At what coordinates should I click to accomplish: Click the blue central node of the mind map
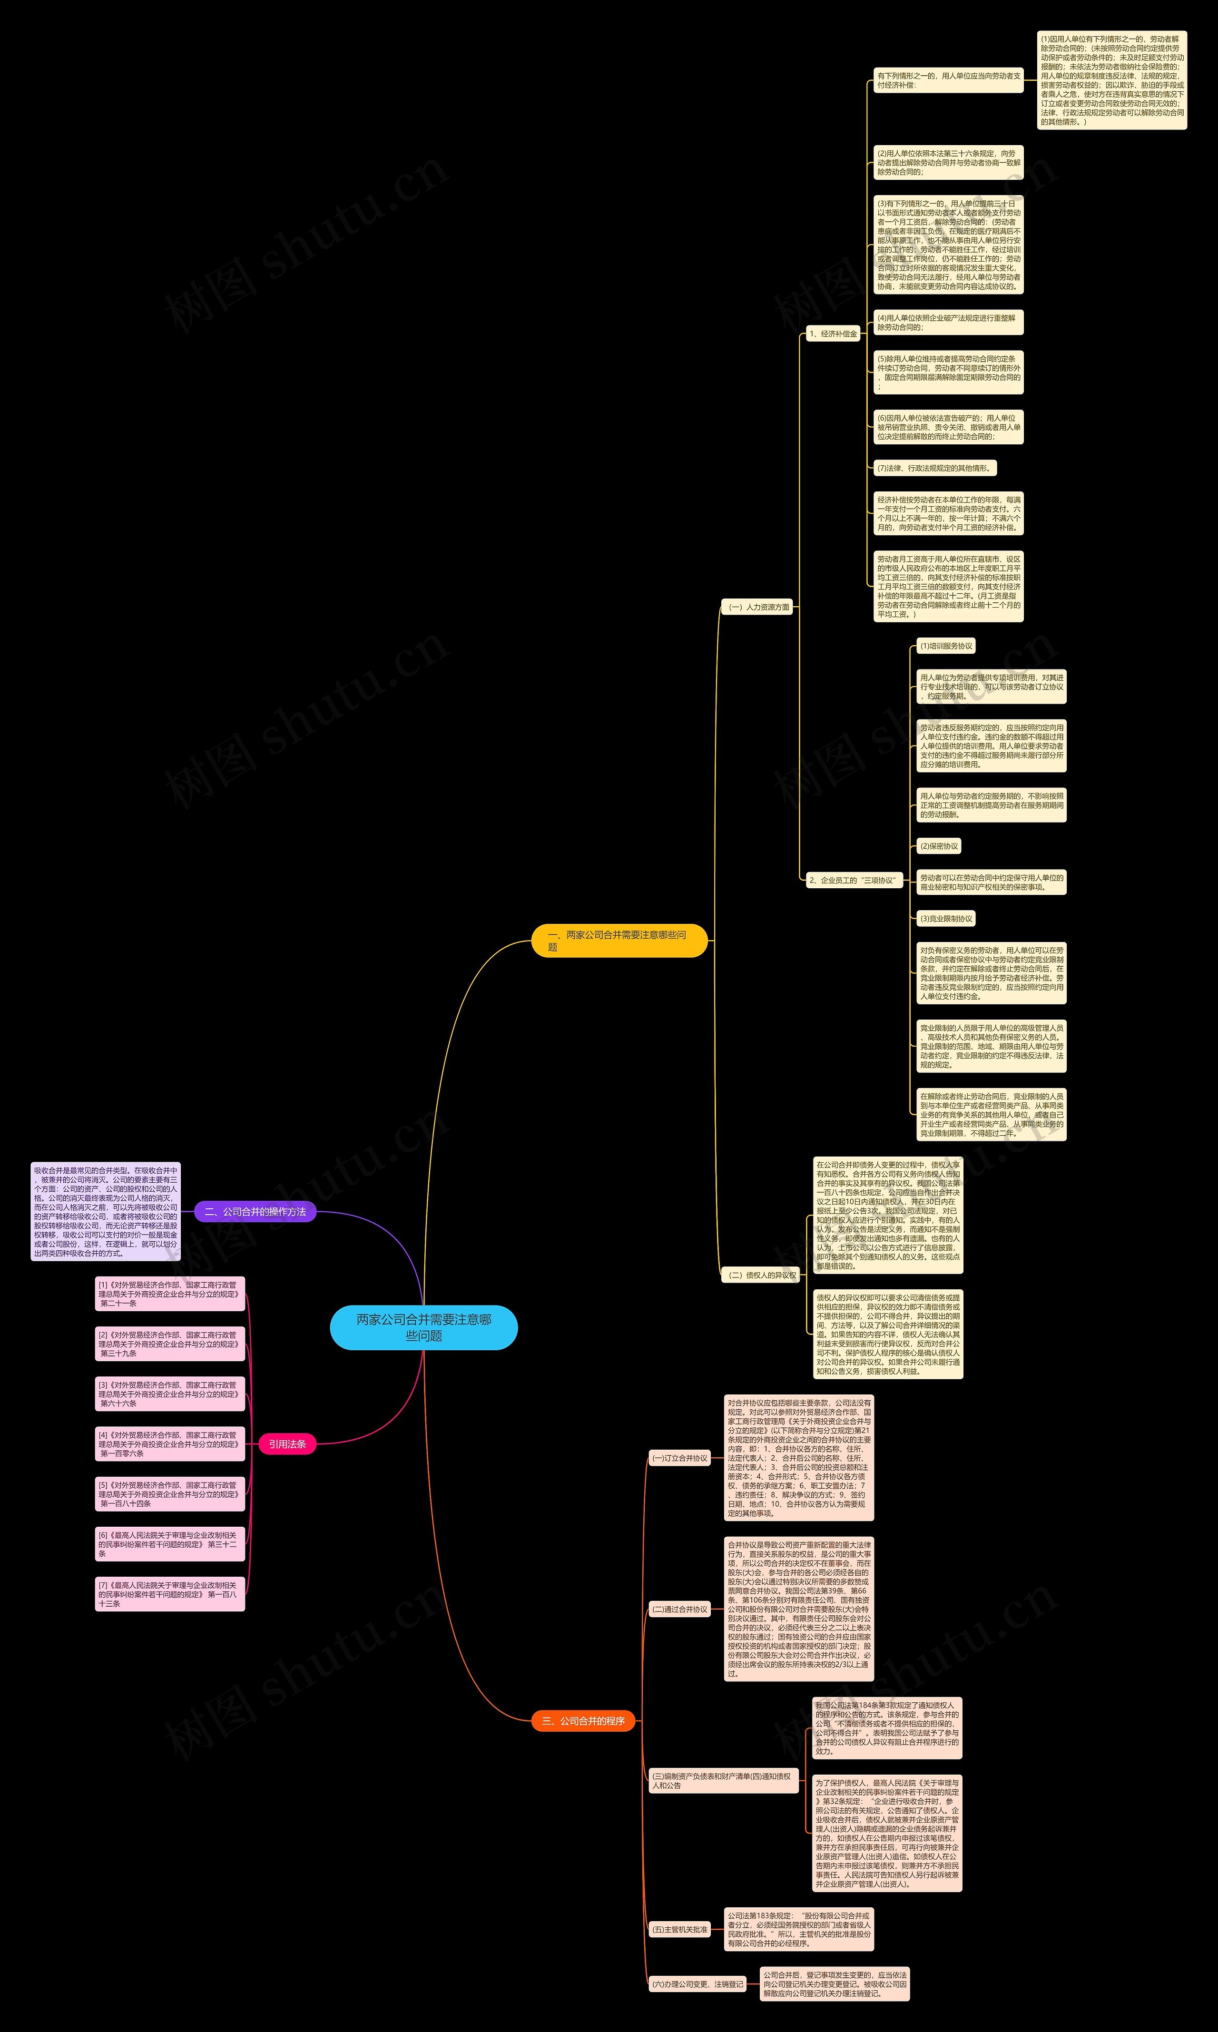[x=423, y=1327]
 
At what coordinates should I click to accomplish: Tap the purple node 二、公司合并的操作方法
[x=255, y=1211]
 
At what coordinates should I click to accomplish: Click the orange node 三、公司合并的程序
[x=584, y=1721]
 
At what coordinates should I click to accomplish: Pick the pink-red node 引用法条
[x=287, y=1443]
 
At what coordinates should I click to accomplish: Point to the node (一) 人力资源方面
[x=759, y=607]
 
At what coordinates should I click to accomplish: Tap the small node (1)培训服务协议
[x=945, y=646]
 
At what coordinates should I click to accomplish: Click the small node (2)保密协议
[x=939, y=846]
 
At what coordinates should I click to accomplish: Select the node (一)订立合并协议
[x=679, y=1458]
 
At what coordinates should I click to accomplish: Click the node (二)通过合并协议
[x=679, y=1610]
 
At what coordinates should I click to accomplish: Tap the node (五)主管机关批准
[x=679, y=1929]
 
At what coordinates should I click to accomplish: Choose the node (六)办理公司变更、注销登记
[x=697, y=1984]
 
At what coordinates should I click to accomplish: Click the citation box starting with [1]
[x=170, y=1294]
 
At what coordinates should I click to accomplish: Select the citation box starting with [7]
[x=170, y=1594]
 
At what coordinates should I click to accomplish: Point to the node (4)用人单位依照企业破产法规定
[x=948, y=323]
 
